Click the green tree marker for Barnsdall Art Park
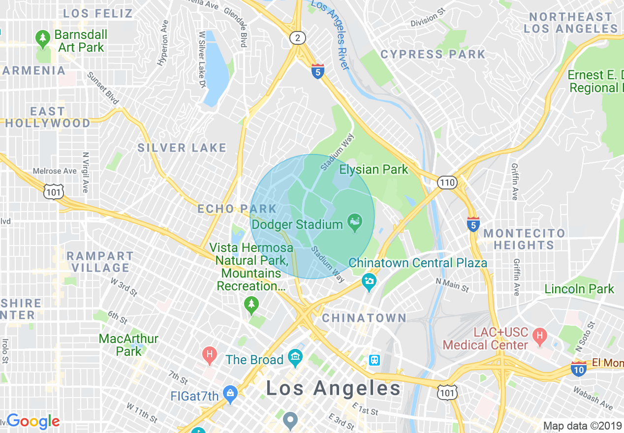pyautogui.click(x=43, y=38)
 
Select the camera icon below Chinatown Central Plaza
pyautogui.click(x=369, y=282)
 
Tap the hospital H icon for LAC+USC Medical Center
pyautogui.click(x=540, y=337)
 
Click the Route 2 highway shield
pyautogui.click(x=297, y=38)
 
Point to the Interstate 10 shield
pyautogui.click(x=579, y=368)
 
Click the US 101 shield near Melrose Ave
pyautogui.click(x=53, y=192)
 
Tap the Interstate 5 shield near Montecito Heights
pyautogui.click(x=473, y=224)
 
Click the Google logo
pyautogui.click(x=33, y=421)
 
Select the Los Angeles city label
pyautogui.click(x=334, y=388)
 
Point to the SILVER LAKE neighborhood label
pyautogui.click(x=182, y=148)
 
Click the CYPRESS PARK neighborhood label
pyautogui.click(x=433, y=54)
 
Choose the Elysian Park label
pyautogui.click(x=374, y=170)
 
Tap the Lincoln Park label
pyautogui.click(x=579, y=289)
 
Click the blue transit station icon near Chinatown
pyautogui.click(x=374, y=360)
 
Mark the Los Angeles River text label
pyautogui.click(x=331, y=34)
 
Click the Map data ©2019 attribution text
pyautogui.click(x=582, y=426)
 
